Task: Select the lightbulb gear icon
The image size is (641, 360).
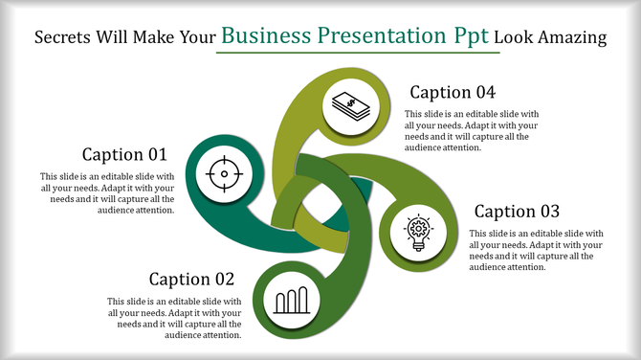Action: [417, 233]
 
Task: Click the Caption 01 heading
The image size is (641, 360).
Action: [124, 154]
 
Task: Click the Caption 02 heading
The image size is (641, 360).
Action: [191, 279]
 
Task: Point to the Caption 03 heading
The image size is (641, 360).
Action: [518, 211]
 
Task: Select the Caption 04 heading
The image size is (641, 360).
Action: [453, 93]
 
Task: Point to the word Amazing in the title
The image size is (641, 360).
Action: [573, 38]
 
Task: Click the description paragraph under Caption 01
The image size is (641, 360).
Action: [107, 193]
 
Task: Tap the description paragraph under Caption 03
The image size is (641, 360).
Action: [536, 250]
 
